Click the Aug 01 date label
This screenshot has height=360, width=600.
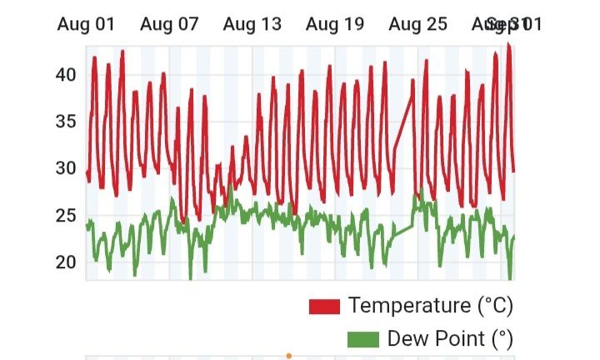[x=86, y=24]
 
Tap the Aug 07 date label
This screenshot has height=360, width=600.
[x=169, y=24]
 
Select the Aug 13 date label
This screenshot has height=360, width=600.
[x=252, y=24]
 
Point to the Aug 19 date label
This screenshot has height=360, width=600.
[x=335, y=24]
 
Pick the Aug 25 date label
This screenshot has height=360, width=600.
[x=417, y=24]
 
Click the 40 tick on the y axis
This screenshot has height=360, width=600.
[x=66, y=75]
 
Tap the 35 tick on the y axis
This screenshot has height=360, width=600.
[x=66, y=122]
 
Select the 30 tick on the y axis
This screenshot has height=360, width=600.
[x=66, y=168]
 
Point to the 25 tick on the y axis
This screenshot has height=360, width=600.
[x=66, y=215]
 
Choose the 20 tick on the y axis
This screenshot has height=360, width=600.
[x=66, y=262]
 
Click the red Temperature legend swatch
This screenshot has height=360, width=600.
[x=324, y=306]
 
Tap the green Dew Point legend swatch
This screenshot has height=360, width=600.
[x=362, y=339]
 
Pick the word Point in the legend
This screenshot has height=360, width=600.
[x=457, y=338]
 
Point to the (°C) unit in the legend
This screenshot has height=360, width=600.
[x=496, y=305]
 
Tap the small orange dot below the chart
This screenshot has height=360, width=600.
[x=288, y=356]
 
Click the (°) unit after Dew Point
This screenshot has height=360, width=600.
[x=500, y=338]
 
